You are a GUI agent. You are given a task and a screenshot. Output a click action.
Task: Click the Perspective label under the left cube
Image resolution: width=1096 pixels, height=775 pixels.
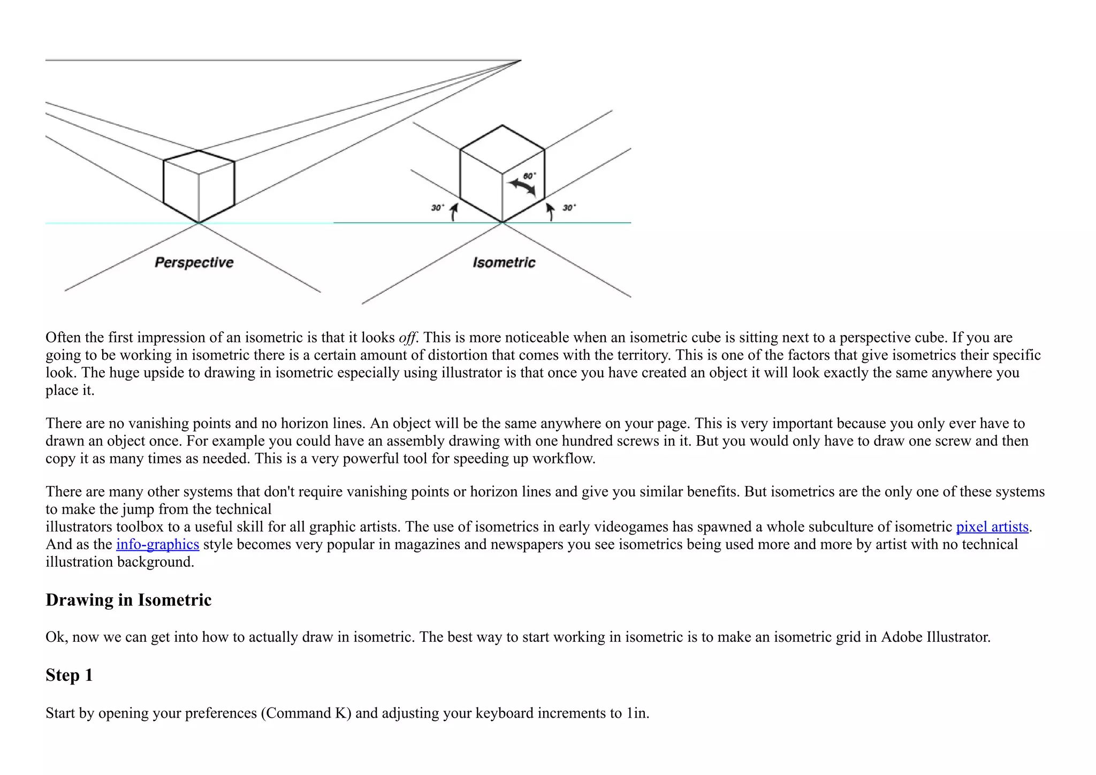tap(194, 262)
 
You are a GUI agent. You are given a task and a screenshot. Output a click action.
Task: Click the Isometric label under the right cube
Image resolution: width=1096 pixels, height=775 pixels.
tap(504, 262)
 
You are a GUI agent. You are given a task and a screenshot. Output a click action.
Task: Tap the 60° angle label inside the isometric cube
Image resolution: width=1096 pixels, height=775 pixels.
tap(529, 176)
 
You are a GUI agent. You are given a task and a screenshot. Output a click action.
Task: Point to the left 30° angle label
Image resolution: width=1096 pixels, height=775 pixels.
tap(438, 208)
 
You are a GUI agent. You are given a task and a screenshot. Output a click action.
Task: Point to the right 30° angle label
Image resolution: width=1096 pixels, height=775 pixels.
tap(569, 208)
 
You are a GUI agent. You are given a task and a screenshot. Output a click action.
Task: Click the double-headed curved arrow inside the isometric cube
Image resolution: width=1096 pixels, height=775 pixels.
tap(522, 187)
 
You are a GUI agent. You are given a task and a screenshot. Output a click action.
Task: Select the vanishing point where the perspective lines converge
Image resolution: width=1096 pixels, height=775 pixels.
tap(521, 60)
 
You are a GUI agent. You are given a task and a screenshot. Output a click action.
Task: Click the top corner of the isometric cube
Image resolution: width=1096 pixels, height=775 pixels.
tap(502, 126)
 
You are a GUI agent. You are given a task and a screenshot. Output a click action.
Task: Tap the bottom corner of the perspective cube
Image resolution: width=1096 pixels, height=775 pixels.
tap(199, 223)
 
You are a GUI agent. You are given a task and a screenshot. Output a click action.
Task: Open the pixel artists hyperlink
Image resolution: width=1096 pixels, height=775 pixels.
tap(992, 527)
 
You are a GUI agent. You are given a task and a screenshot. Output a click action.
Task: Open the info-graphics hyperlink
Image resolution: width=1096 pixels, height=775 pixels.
tap(157, 544)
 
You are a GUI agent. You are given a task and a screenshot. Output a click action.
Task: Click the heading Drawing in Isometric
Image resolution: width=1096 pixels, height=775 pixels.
tap(128, 600)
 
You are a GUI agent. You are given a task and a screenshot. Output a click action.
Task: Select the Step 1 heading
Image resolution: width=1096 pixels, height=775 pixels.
tap(69, 675)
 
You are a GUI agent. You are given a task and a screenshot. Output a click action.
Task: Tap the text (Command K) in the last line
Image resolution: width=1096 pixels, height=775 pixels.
tap(306, 713)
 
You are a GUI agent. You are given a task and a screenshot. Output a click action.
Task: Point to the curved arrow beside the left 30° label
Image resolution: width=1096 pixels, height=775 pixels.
tap(454, 212)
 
